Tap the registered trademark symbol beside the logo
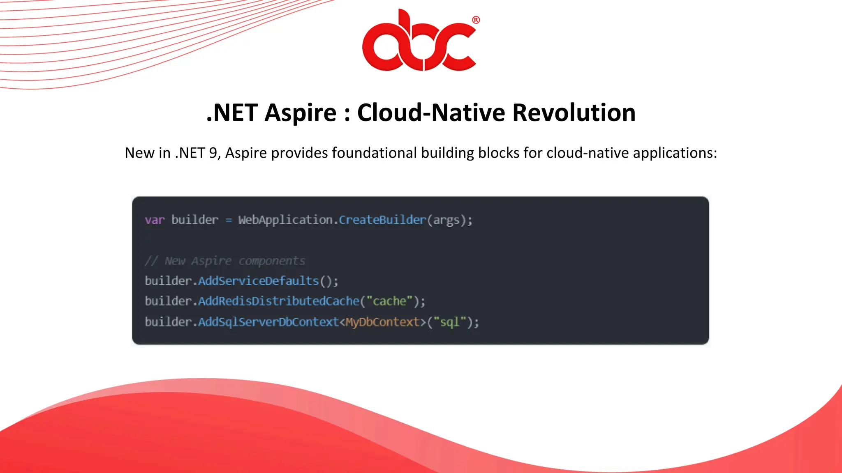click(476, 20)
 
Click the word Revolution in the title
click(574, 113)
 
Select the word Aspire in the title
click(301, 113)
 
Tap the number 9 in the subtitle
click(213, 153)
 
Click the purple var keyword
click(155, 220)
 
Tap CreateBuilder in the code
click(382, 220)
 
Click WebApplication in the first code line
click(285, 220)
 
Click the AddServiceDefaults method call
click(259, 281)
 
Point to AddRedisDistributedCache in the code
click(279, 301)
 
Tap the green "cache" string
click(389, 301)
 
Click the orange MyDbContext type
click(382, 322)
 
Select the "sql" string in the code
click(450, 322)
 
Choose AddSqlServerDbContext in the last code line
click(268, 322)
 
